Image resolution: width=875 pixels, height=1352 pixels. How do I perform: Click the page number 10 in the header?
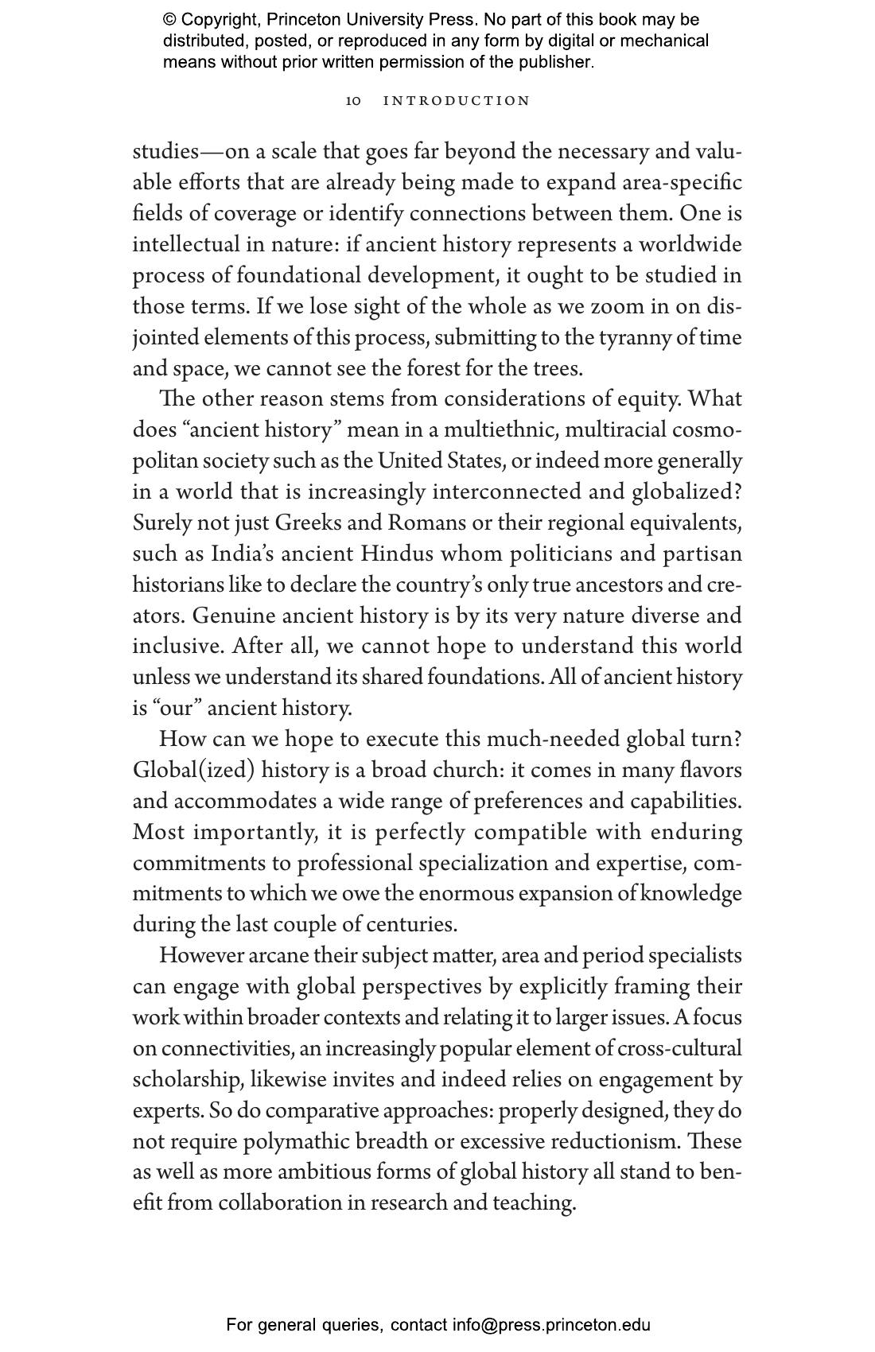353,101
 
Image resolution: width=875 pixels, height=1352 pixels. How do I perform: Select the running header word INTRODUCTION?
457,101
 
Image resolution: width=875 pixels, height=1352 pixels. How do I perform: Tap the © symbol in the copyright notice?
169,20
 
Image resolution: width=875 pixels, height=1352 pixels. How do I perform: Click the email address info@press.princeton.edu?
551,1325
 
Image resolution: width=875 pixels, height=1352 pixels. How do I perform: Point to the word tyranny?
635,338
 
